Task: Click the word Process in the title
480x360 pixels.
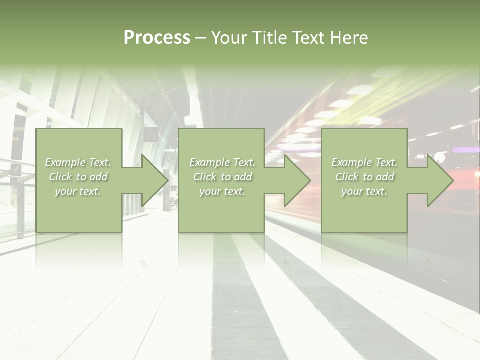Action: (157, 37)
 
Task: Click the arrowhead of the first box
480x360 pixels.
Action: (155, 180)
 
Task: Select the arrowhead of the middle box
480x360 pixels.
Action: (297, 180)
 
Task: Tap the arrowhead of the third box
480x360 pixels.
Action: (440, 180)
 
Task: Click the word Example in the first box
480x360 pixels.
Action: (65, 162)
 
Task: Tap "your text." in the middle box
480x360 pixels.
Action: (222, 191)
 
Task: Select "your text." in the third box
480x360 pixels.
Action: (364, 191)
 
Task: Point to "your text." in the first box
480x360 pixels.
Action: (78, 191)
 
